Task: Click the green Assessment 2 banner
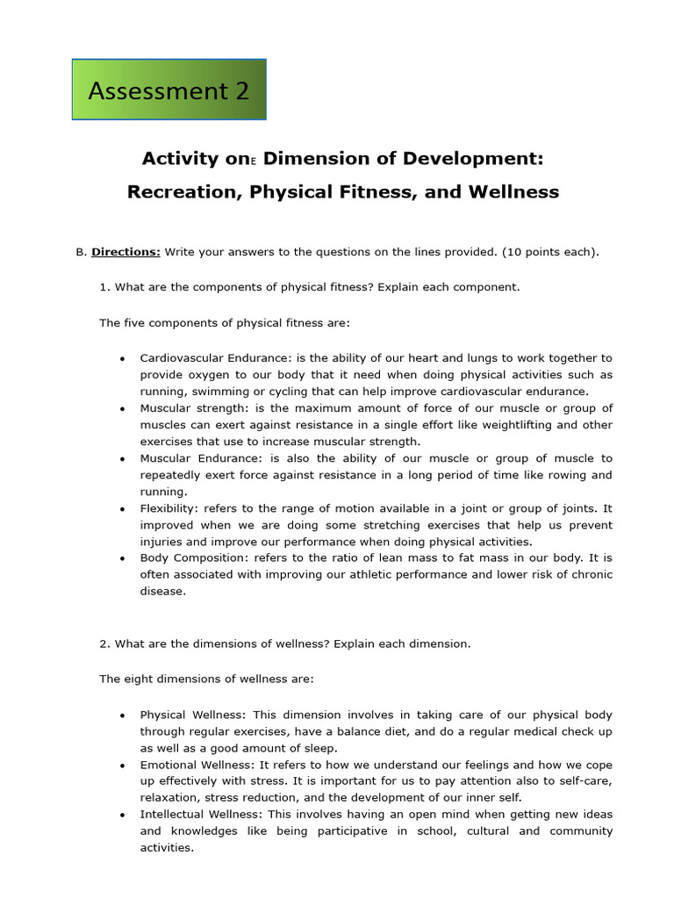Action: tap(168, 90)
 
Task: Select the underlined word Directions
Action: tap(125, 252)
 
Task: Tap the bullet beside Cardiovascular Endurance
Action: tap(122, 358)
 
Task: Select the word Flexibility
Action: tap(168, 508)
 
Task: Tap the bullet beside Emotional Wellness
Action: tap(122, 765)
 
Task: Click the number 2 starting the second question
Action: tap(103, 644)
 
